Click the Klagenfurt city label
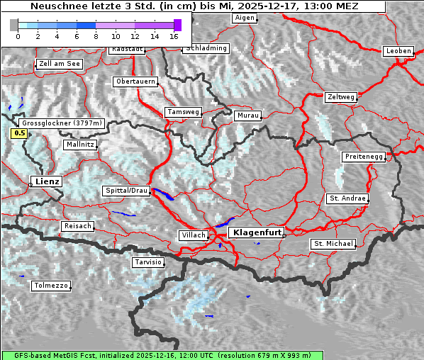pyautogui.click(x=258, y=232)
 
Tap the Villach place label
pyautogui.click(x=194, y=235)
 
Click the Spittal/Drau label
pyautogui.click(x=127, y=191)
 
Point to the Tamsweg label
pyautogui.click(x=184, y=112)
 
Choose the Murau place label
pyautogui.click(x=248, y=115)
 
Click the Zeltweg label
pyautogui.click(x=341, y=96)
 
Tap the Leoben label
pyautogui.click(x=398, y=51)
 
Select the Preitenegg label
pyautogui.click(x=364, y=156)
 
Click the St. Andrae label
pyautogui.click(x=347, y=198)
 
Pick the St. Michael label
pyautogui.click(x=333, y=244)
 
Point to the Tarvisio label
pyautogui.click(x=148, y=262)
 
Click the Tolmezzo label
pyautogui.click(x=50, y=286)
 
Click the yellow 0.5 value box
pyautogui.click(x=20, y=133)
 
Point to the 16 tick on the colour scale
pyautogui.click(x=174, y=35)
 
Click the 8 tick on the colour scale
pyautogui.click(x=96, y=35)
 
